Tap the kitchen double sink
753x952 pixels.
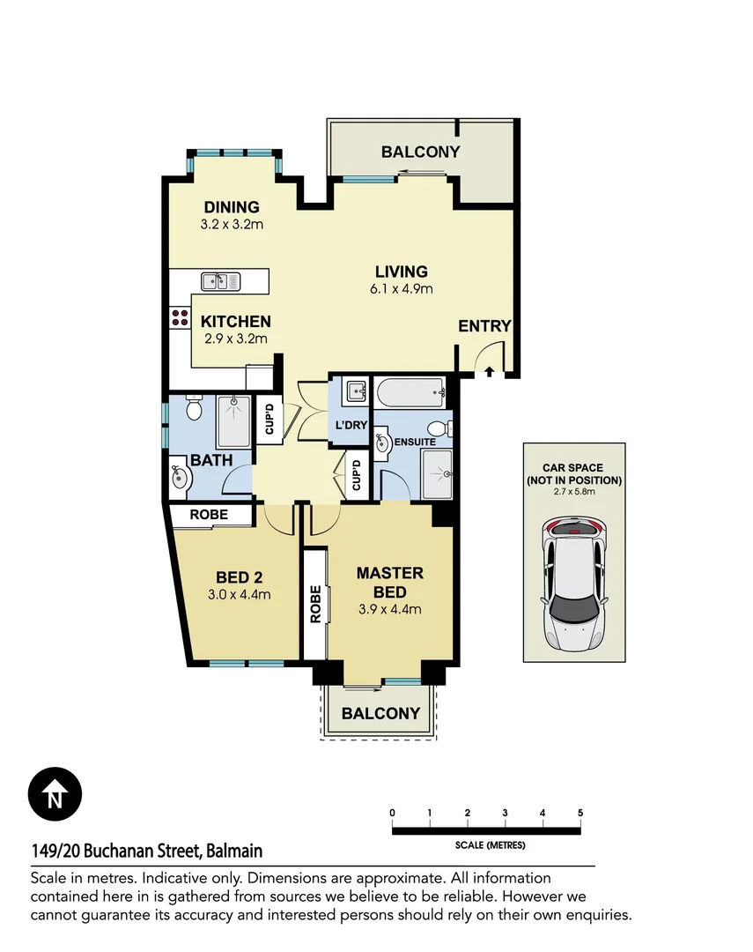pyautogui.click(x=221, y=281)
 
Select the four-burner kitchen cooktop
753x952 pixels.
pyautogui.click(x=180, y=317)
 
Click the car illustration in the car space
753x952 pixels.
pyautogui.click(x=573, y=584)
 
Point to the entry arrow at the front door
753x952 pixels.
pyautogui.click(x=489, y=372)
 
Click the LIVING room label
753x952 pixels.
pyautogui.click(x=401, y=271)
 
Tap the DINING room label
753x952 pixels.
pyautogui.click(x=232, y=207)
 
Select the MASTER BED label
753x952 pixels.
pyautogui.click(x=389, y=583)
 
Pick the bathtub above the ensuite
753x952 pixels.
pyautogui.click(x=409, y=390)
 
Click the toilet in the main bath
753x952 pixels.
pyautogui.click(x=194, y=409)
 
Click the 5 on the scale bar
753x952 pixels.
pyautogui.click(x=580, y=813)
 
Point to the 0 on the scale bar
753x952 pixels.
pyautogui.click(x=392, y=813)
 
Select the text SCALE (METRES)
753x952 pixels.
pyautogui.click(x=490, y=845)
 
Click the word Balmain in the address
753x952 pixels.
pyautogui.click(x=234, y=852)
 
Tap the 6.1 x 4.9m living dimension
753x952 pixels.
pyautogui.click(x=401, y=289)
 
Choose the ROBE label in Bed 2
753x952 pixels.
pyautogui.click(x=209, y=515)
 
